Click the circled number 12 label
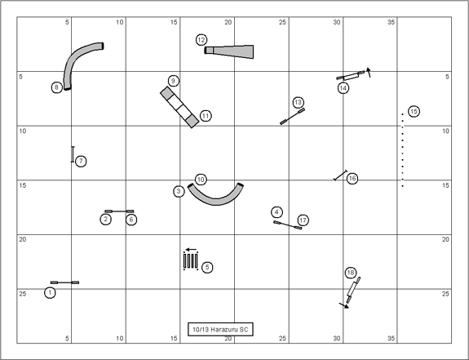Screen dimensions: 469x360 201,40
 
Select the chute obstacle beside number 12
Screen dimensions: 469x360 229,51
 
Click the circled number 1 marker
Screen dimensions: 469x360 50,293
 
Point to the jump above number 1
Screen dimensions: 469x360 64,282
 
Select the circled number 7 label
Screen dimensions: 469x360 81,162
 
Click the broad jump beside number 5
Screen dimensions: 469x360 191,261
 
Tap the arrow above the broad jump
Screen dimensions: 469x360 191,249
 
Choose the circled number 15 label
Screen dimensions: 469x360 414,111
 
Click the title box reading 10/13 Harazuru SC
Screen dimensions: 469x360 220,329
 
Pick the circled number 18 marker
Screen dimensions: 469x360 351,273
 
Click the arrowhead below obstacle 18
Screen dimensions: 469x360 346,306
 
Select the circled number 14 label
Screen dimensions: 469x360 343,88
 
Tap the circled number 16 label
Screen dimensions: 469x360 352,179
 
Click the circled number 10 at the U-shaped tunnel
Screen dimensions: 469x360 201,180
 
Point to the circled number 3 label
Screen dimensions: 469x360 179,191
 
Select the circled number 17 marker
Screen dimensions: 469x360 303,220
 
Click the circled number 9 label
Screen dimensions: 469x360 174,81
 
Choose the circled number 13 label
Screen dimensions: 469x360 298,103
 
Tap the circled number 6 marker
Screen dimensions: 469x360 131,220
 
